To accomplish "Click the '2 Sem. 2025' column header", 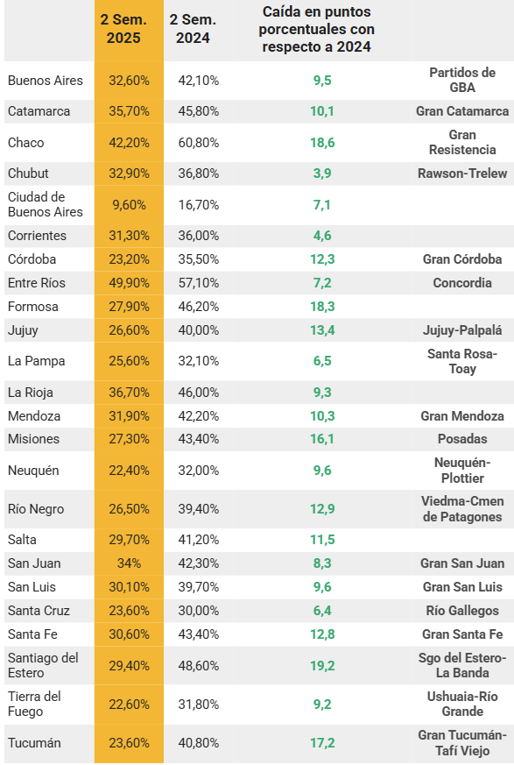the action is tap(123, 29).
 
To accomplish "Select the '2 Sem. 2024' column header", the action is tap(193, 29).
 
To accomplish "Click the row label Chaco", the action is tap(26, 143).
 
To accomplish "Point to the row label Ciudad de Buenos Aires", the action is tap(46, 204).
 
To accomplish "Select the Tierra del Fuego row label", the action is tap(34, 704).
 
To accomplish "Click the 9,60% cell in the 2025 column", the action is tap(130, 204).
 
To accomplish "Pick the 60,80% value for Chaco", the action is tap(199, 143).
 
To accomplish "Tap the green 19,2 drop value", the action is tap(322, 665).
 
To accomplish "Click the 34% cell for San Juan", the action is tap(130, 563).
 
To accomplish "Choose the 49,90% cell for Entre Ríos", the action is tap(130, 282).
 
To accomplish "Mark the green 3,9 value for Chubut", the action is tap(322, 174).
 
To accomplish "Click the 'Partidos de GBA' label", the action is tap(462, 80).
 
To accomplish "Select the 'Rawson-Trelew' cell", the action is tap(462, 174).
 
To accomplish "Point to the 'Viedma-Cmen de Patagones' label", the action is tap(462, 509).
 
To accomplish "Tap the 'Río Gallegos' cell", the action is tap(462, 611).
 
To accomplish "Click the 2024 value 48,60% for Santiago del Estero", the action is tap(199, 665).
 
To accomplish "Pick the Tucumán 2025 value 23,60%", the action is tap(130, 742).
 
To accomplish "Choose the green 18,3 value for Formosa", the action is tap(322, 307).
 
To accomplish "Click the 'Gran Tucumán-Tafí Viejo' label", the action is tap(462, 742).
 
